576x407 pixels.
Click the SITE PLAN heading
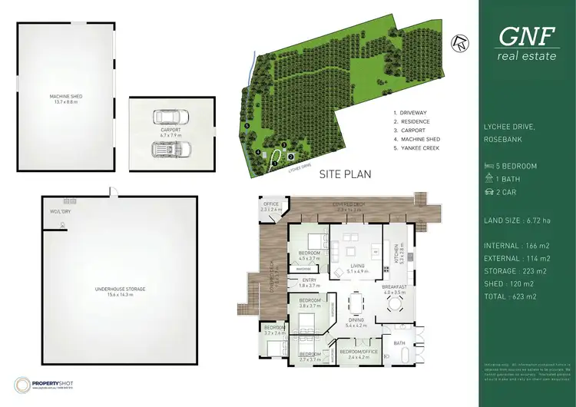[x=345, y=174]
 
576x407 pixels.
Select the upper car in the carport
[x=169, y=117]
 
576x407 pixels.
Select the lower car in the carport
[x=169, y=150]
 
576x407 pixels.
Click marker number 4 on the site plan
[x=258, y=152]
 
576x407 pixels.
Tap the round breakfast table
[x=396, y=303]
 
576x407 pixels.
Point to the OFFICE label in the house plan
[x=270, y=203]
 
